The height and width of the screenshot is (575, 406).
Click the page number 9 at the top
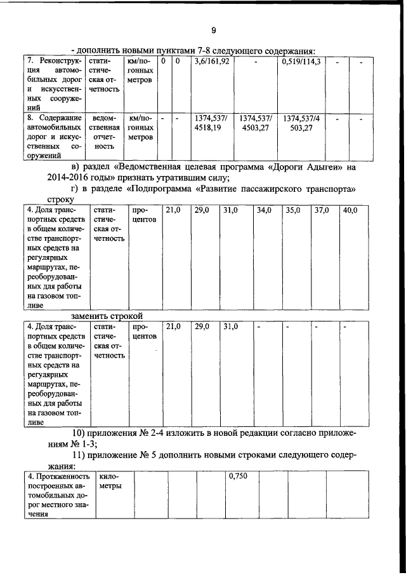(214, 30)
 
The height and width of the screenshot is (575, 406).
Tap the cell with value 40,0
(350, 210)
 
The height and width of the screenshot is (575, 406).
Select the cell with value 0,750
(237, 476)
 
